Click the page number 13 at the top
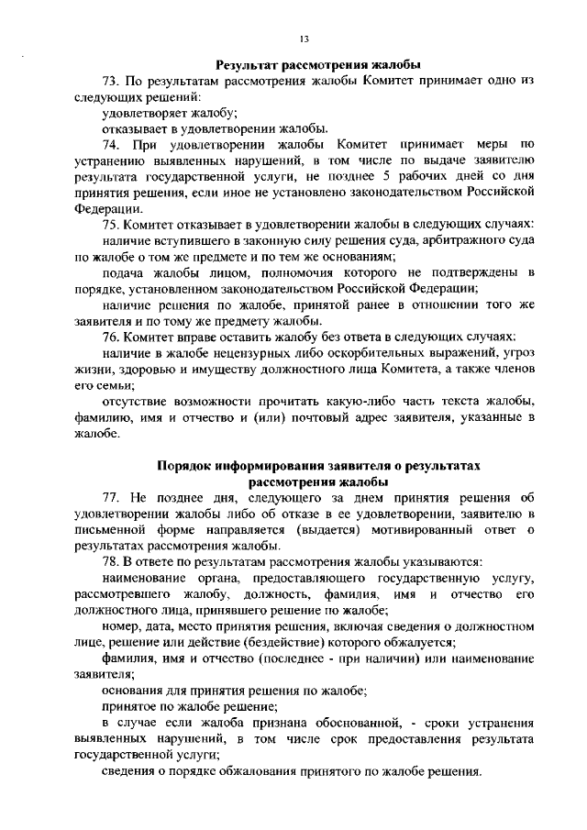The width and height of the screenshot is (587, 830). pyautogui.click(x=304, y=38)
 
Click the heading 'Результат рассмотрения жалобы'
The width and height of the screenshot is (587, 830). pyautogui.click(x=317, y=65)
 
